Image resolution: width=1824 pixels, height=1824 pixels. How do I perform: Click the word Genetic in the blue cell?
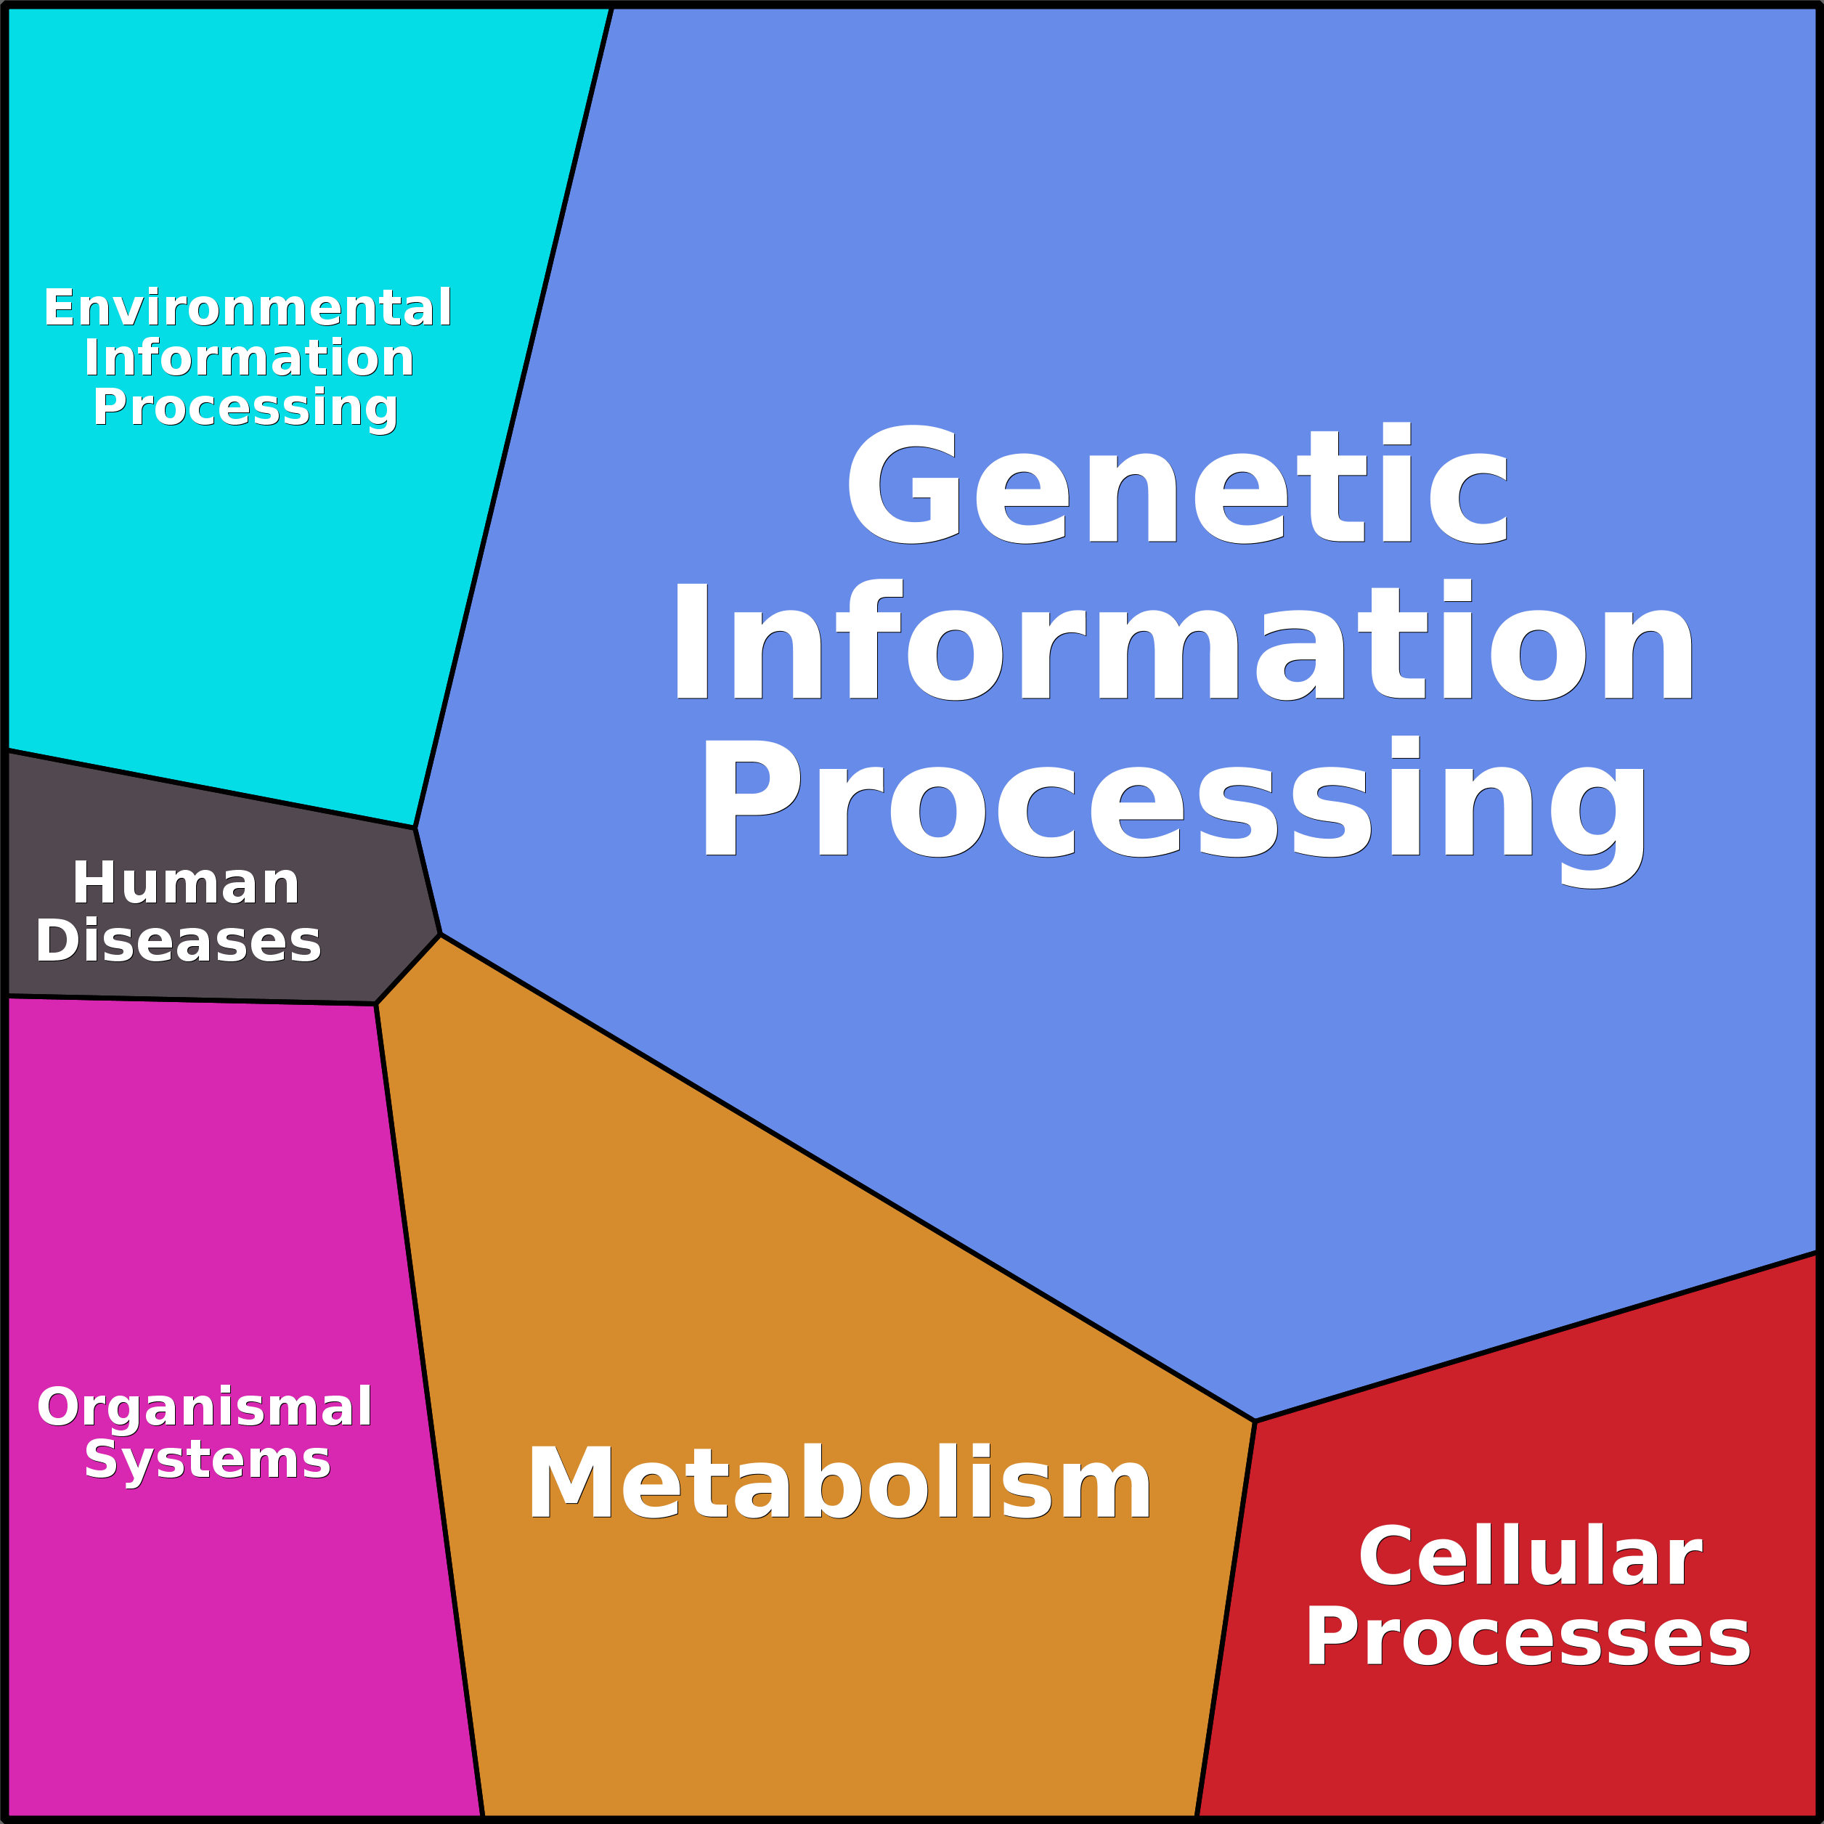(1178, 485)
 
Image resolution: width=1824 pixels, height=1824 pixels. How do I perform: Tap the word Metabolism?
(839, 1483)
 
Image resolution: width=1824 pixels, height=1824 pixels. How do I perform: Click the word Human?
(186, 884)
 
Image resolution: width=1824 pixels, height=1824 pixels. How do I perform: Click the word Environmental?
(248, 308)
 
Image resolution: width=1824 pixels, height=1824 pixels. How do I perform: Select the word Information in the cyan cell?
(249, 358)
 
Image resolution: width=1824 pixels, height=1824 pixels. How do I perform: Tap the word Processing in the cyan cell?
(245, 408)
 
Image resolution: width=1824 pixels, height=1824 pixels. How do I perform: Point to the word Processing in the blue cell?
(1173, 801)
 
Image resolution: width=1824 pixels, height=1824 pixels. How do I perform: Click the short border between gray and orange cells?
(408, 969)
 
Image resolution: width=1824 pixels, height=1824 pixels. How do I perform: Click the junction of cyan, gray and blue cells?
(415, 828)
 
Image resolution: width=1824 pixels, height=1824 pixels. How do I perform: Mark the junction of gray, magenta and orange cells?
(375, 1003)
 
